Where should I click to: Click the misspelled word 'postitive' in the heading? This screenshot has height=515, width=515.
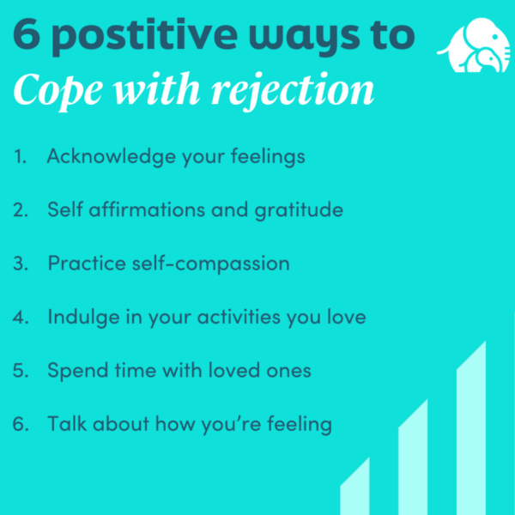tap(144, 36)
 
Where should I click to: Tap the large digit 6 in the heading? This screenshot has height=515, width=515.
tap(27, 33)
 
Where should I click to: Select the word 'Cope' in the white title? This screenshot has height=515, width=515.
tap(58, 90)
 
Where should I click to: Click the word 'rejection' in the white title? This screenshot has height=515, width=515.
tap(293, 90)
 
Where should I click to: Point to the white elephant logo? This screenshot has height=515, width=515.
tap(474, 45)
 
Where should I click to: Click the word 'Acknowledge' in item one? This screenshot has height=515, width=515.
tap(112, 156)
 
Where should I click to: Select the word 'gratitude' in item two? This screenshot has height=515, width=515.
tap(299, 210)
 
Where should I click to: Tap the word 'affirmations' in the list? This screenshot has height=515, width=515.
tap(147, 209)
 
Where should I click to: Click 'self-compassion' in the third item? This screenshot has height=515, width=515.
tap(211, 264)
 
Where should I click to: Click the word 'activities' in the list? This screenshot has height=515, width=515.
tap(239, 317)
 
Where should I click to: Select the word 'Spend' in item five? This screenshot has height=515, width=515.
tap(78, 371)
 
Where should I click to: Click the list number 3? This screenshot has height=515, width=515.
tap(21, 264)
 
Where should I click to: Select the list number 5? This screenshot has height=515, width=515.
tap(21, 371)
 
